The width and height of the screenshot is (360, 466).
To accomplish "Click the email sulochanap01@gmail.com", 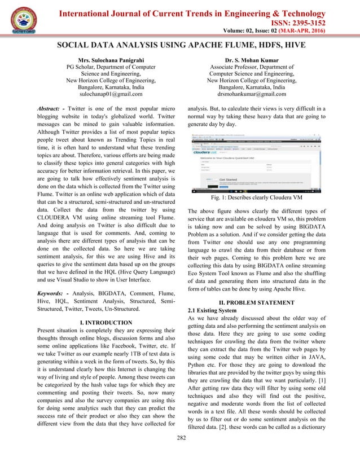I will (x=111, y=96).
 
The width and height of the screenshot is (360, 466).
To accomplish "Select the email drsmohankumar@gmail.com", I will (x=252, y=96).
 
